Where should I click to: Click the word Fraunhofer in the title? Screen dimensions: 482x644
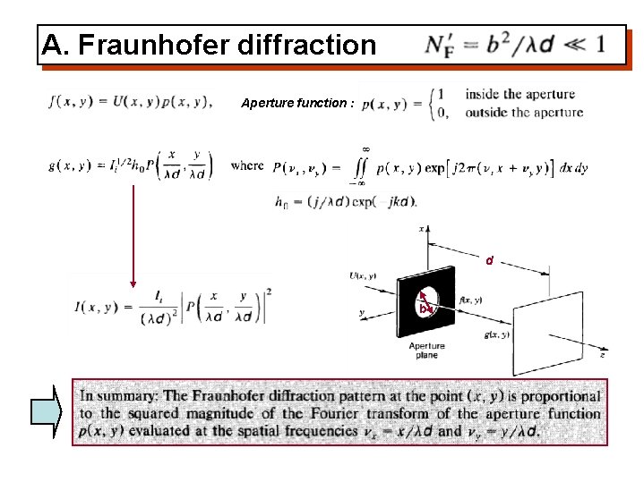pyautogui.click(x=167, y=46)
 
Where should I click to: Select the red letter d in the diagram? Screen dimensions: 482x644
pyautogui.click(x=489, y=261)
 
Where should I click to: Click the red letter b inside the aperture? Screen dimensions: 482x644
pyautogui.click(x=422, y=309)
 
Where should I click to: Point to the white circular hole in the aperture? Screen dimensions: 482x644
pyautogui.click(x=429, y=298)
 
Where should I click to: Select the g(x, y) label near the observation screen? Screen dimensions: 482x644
pyautogui.click(x=496, y=334)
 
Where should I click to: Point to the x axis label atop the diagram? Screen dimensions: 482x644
pyautogui.click(x=422, y=229)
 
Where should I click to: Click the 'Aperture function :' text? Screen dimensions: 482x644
pyautogui.click(x=298, y=103)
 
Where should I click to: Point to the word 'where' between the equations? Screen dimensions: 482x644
pyautogui.click(x=247, y=165)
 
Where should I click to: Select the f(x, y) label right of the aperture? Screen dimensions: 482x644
pyautogui.click(x=472, y=300)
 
